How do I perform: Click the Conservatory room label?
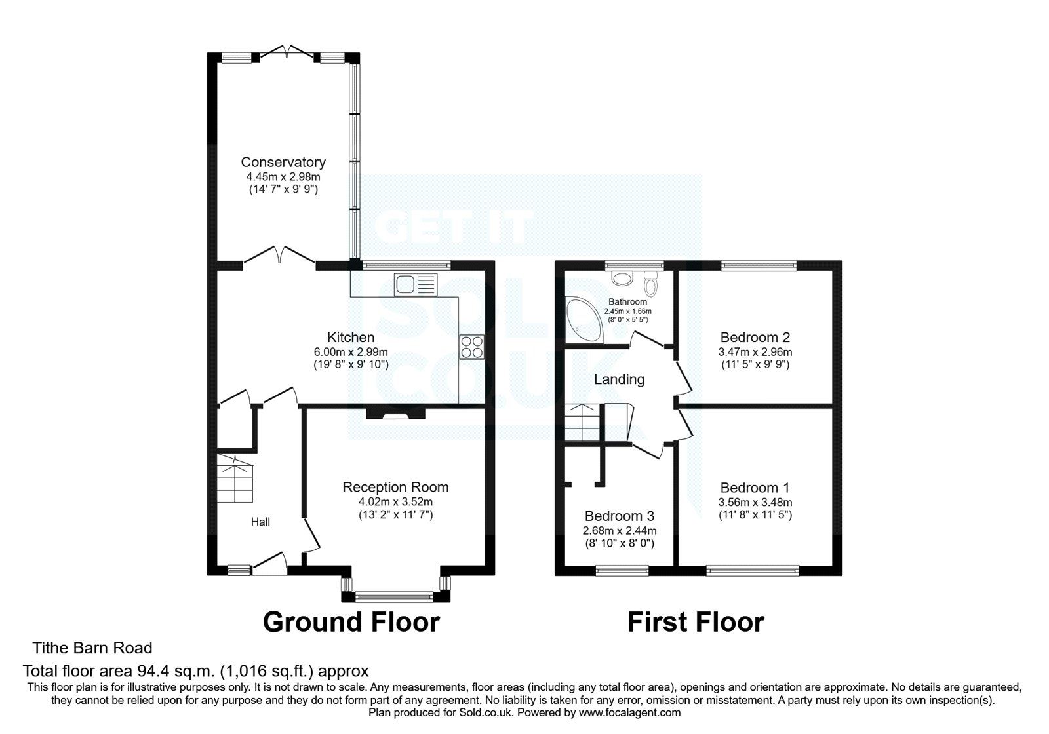(x=283, y=162)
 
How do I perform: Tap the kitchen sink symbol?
(x=414, y=284)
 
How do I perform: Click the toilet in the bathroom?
(x=650, y=284)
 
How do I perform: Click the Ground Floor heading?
(x=351, y=621)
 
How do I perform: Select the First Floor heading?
(x=696, y=621)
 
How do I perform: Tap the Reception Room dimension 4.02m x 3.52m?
(x=395, y=502)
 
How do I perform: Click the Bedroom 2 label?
(x=755, y=338)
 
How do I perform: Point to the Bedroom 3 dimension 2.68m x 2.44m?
(x=620, y=531)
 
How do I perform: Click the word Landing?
(x=619, y=379)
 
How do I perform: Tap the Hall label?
(x=260, y=522)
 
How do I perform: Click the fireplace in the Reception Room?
(x=395, y=414)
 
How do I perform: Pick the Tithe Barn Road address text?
(x=92, y=648)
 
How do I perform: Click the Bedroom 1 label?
(x=755, y=488)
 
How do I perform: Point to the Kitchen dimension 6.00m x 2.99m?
(x=351, y=352)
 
